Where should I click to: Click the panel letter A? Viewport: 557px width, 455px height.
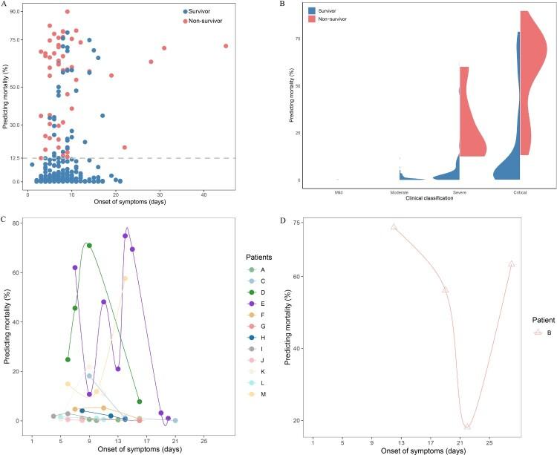pos(4,4)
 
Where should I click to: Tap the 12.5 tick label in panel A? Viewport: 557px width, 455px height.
pos(16,158)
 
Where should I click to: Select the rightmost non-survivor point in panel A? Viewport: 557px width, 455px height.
pos(226,46)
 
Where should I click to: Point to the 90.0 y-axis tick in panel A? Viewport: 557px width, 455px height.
pos(16,11)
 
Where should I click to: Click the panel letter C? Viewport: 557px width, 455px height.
pos(4,220)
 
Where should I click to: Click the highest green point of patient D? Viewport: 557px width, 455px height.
pos(89,246)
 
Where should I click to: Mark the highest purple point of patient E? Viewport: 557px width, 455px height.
pos(125,236)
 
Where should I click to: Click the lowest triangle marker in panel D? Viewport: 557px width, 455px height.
pos(467,425)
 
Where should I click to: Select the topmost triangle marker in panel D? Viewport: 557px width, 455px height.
pos(394,227)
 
